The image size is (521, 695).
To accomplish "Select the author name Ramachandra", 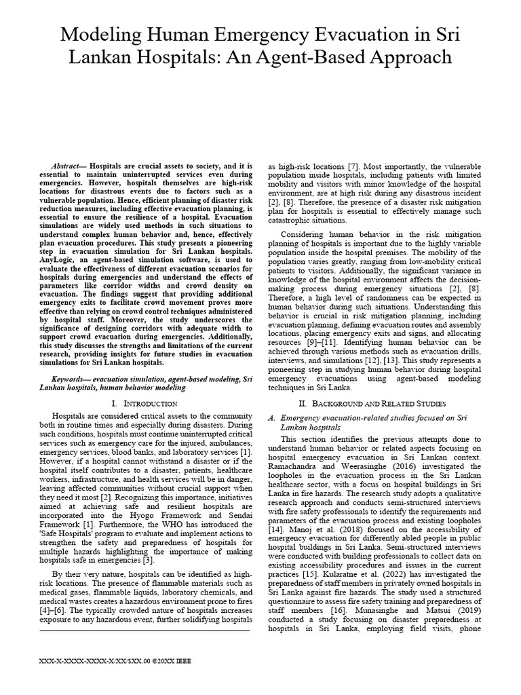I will [x=296, y=466].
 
